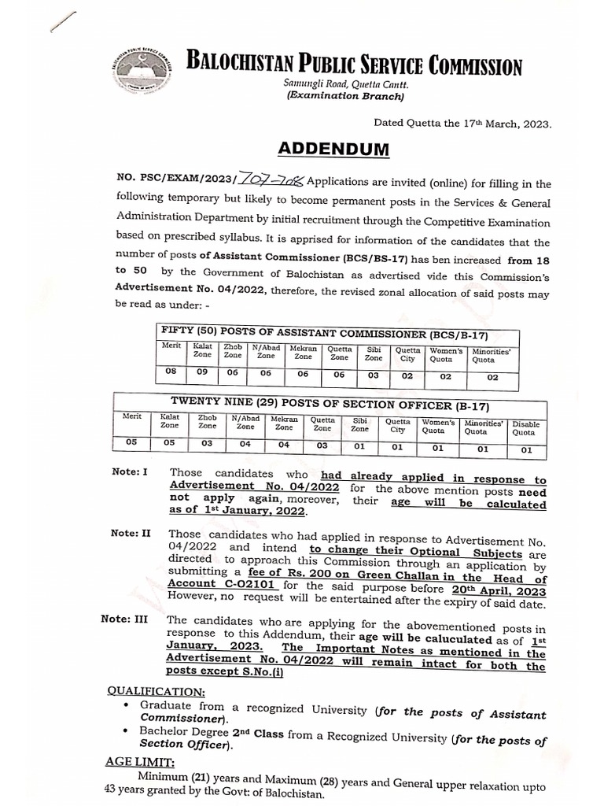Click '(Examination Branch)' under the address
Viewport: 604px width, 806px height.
click(x=344, y=98)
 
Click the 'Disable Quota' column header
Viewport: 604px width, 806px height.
click(x=526, y=427)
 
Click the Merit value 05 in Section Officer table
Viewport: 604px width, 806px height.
click(x=131, y=443)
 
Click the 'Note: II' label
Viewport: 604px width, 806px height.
click(x=131, y=534)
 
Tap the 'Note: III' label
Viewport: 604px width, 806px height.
click(x=124, y=619)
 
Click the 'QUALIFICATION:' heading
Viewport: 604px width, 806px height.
click(x=157, y=690)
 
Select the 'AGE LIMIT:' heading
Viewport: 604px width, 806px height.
click(x=141, y=762)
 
